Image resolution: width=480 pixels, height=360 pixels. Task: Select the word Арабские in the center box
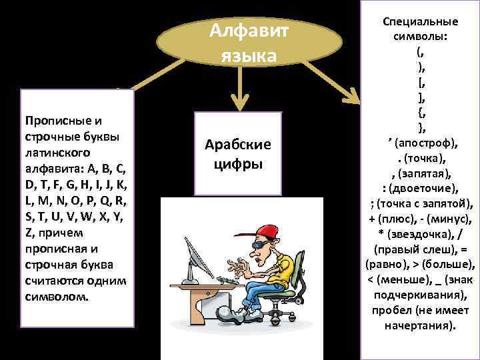click(x=238, y=145)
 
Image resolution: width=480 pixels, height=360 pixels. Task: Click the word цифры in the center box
click(x=238, y=164)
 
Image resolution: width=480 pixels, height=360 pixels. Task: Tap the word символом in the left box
click(x=53, y=297)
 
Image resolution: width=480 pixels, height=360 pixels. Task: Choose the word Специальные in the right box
click(x=421, y=21)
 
